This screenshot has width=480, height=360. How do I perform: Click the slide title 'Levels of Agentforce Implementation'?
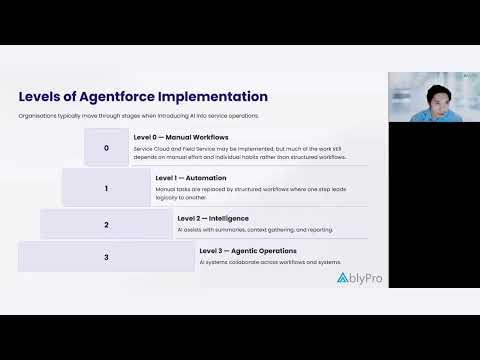[143, 97]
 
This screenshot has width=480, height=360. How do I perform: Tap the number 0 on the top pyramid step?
[107, 147]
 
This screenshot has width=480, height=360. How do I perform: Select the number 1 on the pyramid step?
[107, 187]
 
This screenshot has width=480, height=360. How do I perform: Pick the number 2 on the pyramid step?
[107, 225]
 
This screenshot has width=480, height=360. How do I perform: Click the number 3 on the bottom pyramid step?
[107, 258]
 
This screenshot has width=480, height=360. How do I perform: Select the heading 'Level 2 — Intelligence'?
[214, 217]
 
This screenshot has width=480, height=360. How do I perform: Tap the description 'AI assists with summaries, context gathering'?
[255, 229]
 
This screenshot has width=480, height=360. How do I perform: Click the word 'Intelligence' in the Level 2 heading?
[228, 217]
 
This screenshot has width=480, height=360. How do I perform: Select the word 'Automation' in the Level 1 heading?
[203, 176]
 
